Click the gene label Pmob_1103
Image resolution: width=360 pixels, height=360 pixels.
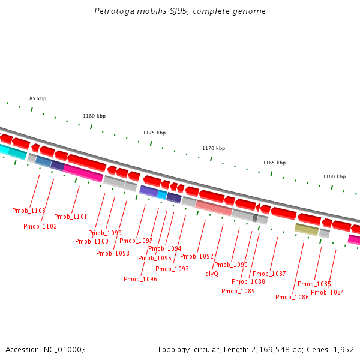tap(29, 211)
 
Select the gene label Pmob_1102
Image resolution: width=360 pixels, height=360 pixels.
tap(40, 226)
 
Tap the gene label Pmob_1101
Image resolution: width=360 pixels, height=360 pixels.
tap(70, 217)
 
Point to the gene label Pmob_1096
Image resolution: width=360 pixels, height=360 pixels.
tap(140, 279)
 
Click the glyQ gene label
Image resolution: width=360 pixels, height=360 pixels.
tap(212, 274)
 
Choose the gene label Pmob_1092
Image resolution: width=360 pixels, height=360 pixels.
tap(197, 256)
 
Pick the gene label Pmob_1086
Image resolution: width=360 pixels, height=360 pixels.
tap(292, 297)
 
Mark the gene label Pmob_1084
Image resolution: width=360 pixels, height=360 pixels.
tap(328, 292)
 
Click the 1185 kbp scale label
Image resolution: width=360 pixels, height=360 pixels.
tap(35, 98)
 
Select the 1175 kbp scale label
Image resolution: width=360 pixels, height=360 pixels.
tap(154, 133)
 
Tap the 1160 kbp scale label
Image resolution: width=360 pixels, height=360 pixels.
tap(334, 176)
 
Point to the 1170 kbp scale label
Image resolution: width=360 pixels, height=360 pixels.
tap(214, 148)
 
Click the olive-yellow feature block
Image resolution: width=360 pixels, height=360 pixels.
tap(307, 229)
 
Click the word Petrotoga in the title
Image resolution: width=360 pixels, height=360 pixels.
tap(112, 11)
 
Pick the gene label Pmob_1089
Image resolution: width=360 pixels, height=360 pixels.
tap(238, 291)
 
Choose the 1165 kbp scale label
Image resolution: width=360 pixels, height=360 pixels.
tap(274, 163)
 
